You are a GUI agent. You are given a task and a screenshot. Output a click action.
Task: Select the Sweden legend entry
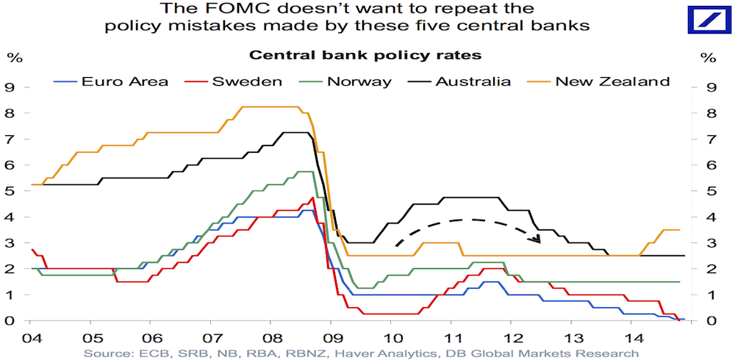tap(248, 81)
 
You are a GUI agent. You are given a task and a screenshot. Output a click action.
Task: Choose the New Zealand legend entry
tap(612, 81)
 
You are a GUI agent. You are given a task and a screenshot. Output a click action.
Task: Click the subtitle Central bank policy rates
tap(366, 55)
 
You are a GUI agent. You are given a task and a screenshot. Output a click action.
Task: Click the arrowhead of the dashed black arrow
tap(538, 239)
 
